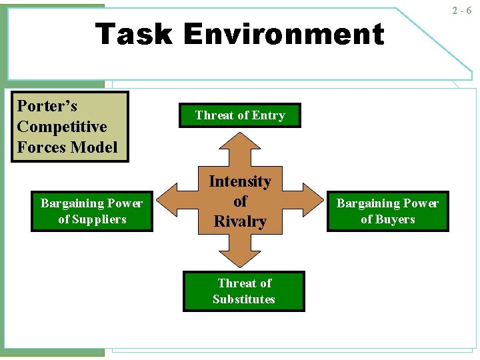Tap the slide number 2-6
(x=461, y=11)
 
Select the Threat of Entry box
(x=240, y=115)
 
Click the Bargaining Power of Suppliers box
(x=92, y=211)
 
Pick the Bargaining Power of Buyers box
(x=387, y=211)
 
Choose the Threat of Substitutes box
(x=244, y=291)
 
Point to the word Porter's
(x=47, y=107)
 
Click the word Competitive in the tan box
(x=61, y=127)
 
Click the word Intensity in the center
(x=240, y=181)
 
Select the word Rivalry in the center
(x=240, y=221)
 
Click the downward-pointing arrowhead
(x=240, y=259)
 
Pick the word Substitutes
(x=244, y=299)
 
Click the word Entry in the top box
(x=268, y=115)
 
